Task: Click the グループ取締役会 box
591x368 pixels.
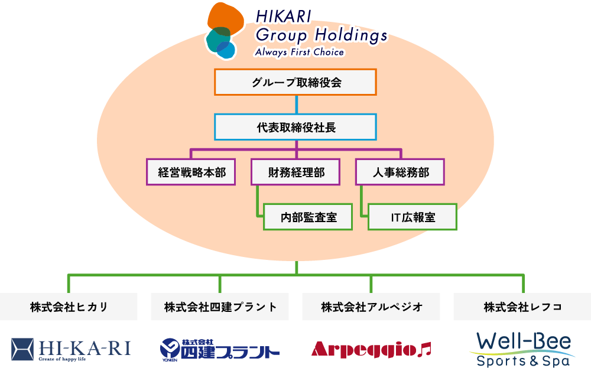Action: (295, 82)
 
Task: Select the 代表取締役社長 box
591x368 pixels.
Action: (295, 127)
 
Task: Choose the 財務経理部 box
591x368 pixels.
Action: (295, 172)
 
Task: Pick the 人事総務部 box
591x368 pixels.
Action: (400, 172)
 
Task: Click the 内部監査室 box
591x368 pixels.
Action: (308, 217)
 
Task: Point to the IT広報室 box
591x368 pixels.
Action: (413, 217)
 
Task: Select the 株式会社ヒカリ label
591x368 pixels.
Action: (69, 307)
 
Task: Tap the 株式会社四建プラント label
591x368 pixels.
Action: (220, 307)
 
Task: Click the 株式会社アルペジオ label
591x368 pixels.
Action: (371, 307)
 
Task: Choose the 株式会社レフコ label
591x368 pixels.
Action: (522, 307)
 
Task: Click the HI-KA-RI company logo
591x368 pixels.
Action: (71, 348)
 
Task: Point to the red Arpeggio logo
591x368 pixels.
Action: (365, 349)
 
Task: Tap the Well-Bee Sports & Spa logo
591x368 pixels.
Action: (522, 348)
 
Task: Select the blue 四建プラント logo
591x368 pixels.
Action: (220, 349)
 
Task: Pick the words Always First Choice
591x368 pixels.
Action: (299, 52)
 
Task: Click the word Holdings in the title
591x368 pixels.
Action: (350, 35)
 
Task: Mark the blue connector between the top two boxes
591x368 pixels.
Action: (295, 105)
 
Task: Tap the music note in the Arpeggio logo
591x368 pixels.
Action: (424, 349)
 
